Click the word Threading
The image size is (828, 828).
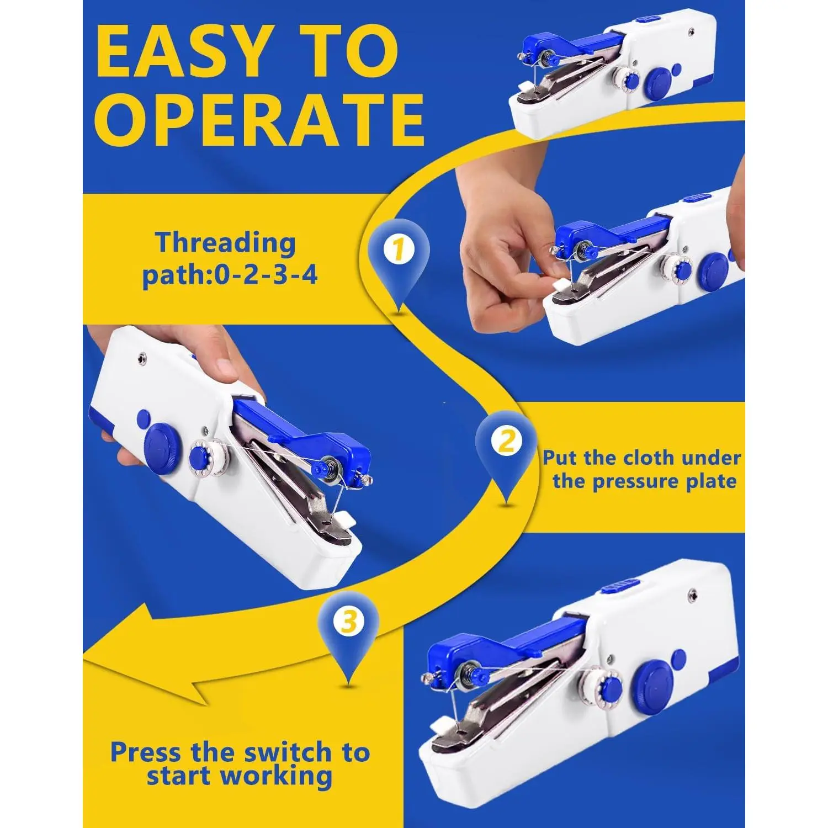(225, 243)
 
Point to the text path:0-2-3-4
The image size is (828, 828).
(230, 274)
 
